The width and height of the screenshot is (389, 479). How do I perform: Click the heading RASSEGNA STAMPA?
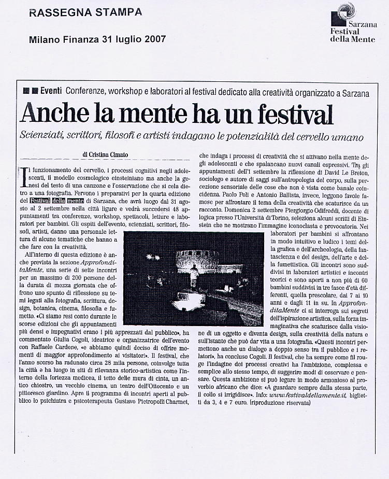[85, 12]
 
